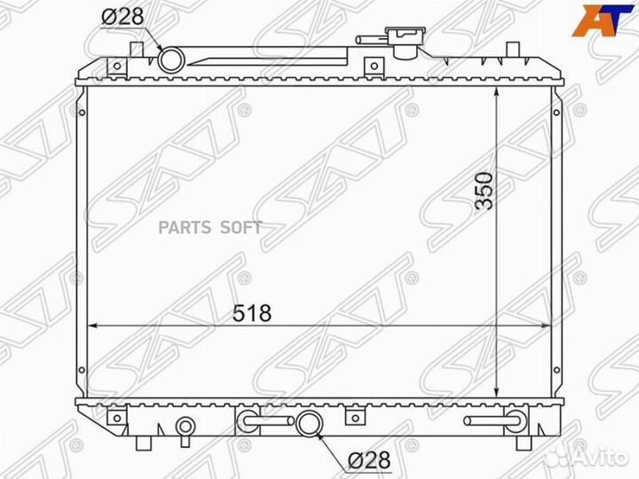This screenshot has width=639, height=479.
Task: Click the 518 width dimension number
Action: [252, 313]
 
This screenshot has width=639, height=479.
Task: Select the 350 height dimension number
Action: [485, 191]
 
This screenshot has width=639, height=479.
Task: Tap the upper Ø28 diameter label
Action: [122, 17]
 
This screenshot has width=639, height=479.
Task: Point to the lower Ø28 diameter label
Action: [369, 459]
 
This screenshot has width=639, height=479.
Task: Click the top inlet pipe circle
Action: [171, 60]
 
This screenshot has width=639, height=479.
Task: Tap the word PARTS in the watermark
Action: [185, 228]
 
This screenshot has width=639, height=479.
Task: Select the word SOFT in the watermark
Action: [241, 228]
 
